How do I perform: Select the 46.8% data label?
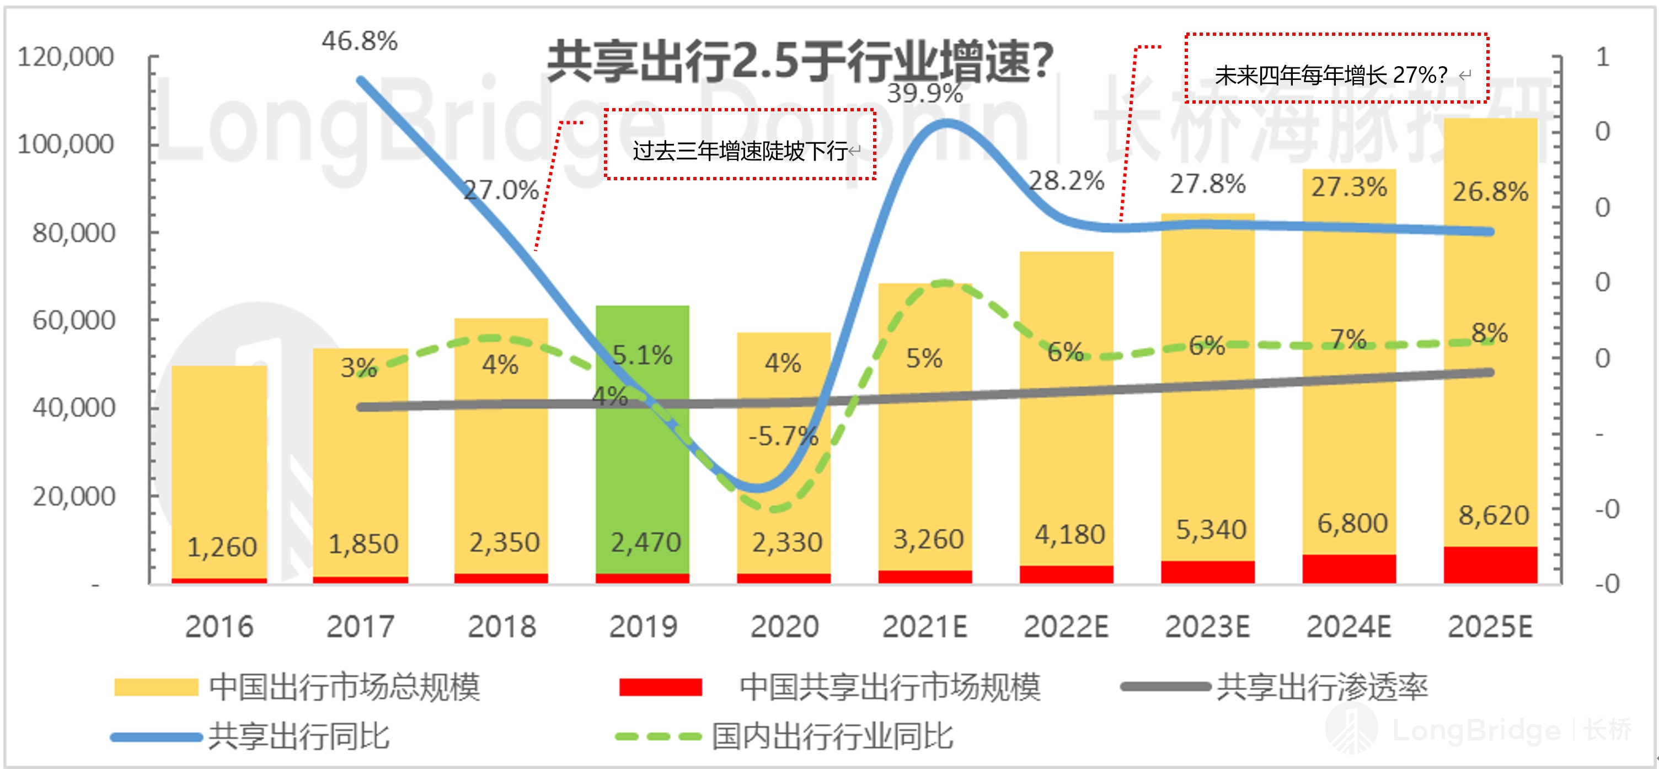(360, 41)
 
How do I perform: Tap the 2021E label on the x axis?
(924, 627)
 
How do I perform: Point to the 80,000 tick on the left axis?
(74, 232)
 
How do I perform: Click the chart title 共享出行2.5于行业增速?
(799, 61)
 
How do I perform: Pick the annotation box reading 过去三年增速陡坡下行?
(740, 145)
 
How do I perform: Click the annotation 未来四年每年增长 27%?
(1336, 68)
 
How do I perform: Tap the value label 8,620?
(1493, 515)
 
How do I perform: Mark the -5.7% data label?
(783, 436)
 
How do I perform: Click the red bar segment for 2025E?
(1490, 565)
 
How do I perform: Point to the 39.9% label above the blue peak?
(924, 94)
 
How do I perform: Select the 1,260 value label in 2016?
(222, 547)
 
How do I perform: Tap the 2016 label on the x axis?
(219, 627)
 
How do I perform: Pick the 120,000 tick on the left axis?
(66, 57)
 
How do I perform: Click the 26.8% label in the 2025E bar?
(1490, 192)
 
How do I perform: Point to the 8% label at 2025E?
(1489, 334)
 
